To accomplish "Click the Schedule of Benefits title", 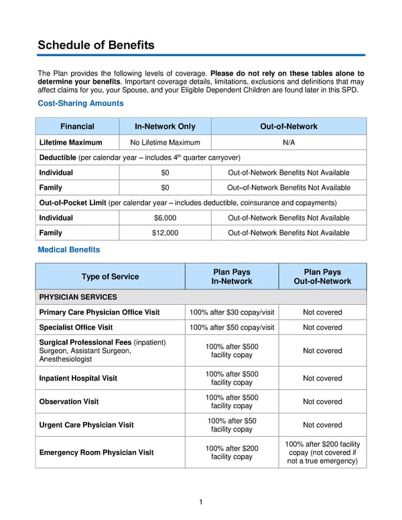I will (96, 46).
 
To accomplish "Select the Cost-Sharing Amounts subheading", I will (80, 104).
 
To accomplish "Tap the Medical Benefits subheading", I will (68, 250).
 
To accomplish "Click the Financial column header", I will (77, 127).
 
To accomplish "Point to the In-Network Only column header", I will (165, 127).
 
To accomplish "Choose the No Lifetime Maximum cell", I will (165, 143).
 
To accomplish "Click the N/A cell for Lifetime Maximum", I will (289, 143).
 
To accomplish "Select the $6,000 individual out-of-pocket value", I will (165, 218).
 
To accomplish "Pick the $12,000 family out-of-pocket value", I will (165, 233).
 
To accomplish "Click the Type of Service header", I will (110, 277).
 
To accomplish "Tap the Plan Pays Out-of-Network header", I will (322, 277).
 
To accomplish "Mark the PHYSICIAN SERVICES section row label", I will (78, 297).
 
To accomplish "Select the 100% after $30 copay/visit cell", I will (232, 312).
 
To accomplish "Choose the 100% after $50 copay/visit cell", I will (232, 328).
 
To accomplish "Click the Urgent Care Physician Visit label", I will (86, 425).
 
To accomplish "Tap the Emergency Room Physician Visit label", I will (96, 452).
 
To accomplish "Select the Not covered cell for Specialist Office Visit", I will (322, 328).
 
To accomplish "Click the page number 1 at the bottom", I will (201, 502).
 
